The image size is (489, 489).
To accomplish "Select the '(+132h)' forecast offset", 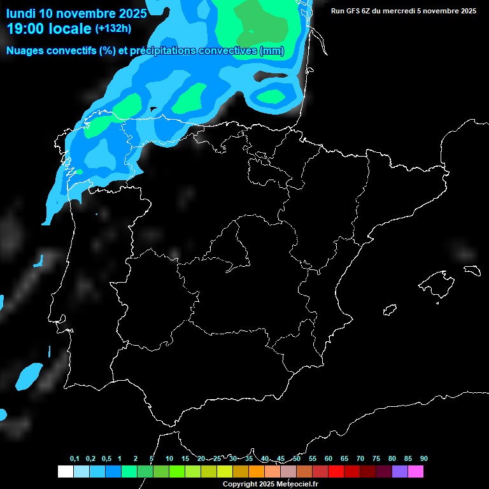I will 113,29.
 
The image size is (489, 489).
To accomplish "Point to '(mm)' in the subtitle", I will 272,51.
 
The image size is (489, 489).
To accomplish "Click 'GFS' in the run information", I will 357,11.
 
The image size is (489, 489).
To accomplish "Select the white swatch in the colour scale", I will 65,472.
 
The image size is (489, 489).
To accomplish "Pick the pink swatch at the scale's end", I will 415,472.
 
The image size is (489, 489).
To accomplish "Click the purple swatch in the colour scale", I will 399,472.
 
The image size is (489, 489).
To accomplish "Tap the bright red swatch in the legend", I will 336,472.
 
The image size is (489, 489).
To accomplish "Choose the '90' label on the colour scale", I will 424,459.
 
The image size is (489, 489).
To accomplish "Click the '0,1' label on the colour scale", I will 74,459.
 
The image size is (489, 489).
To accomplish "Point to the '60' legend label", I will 329,459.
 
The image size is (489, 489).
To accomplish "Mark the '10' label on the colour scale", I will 169,459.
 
